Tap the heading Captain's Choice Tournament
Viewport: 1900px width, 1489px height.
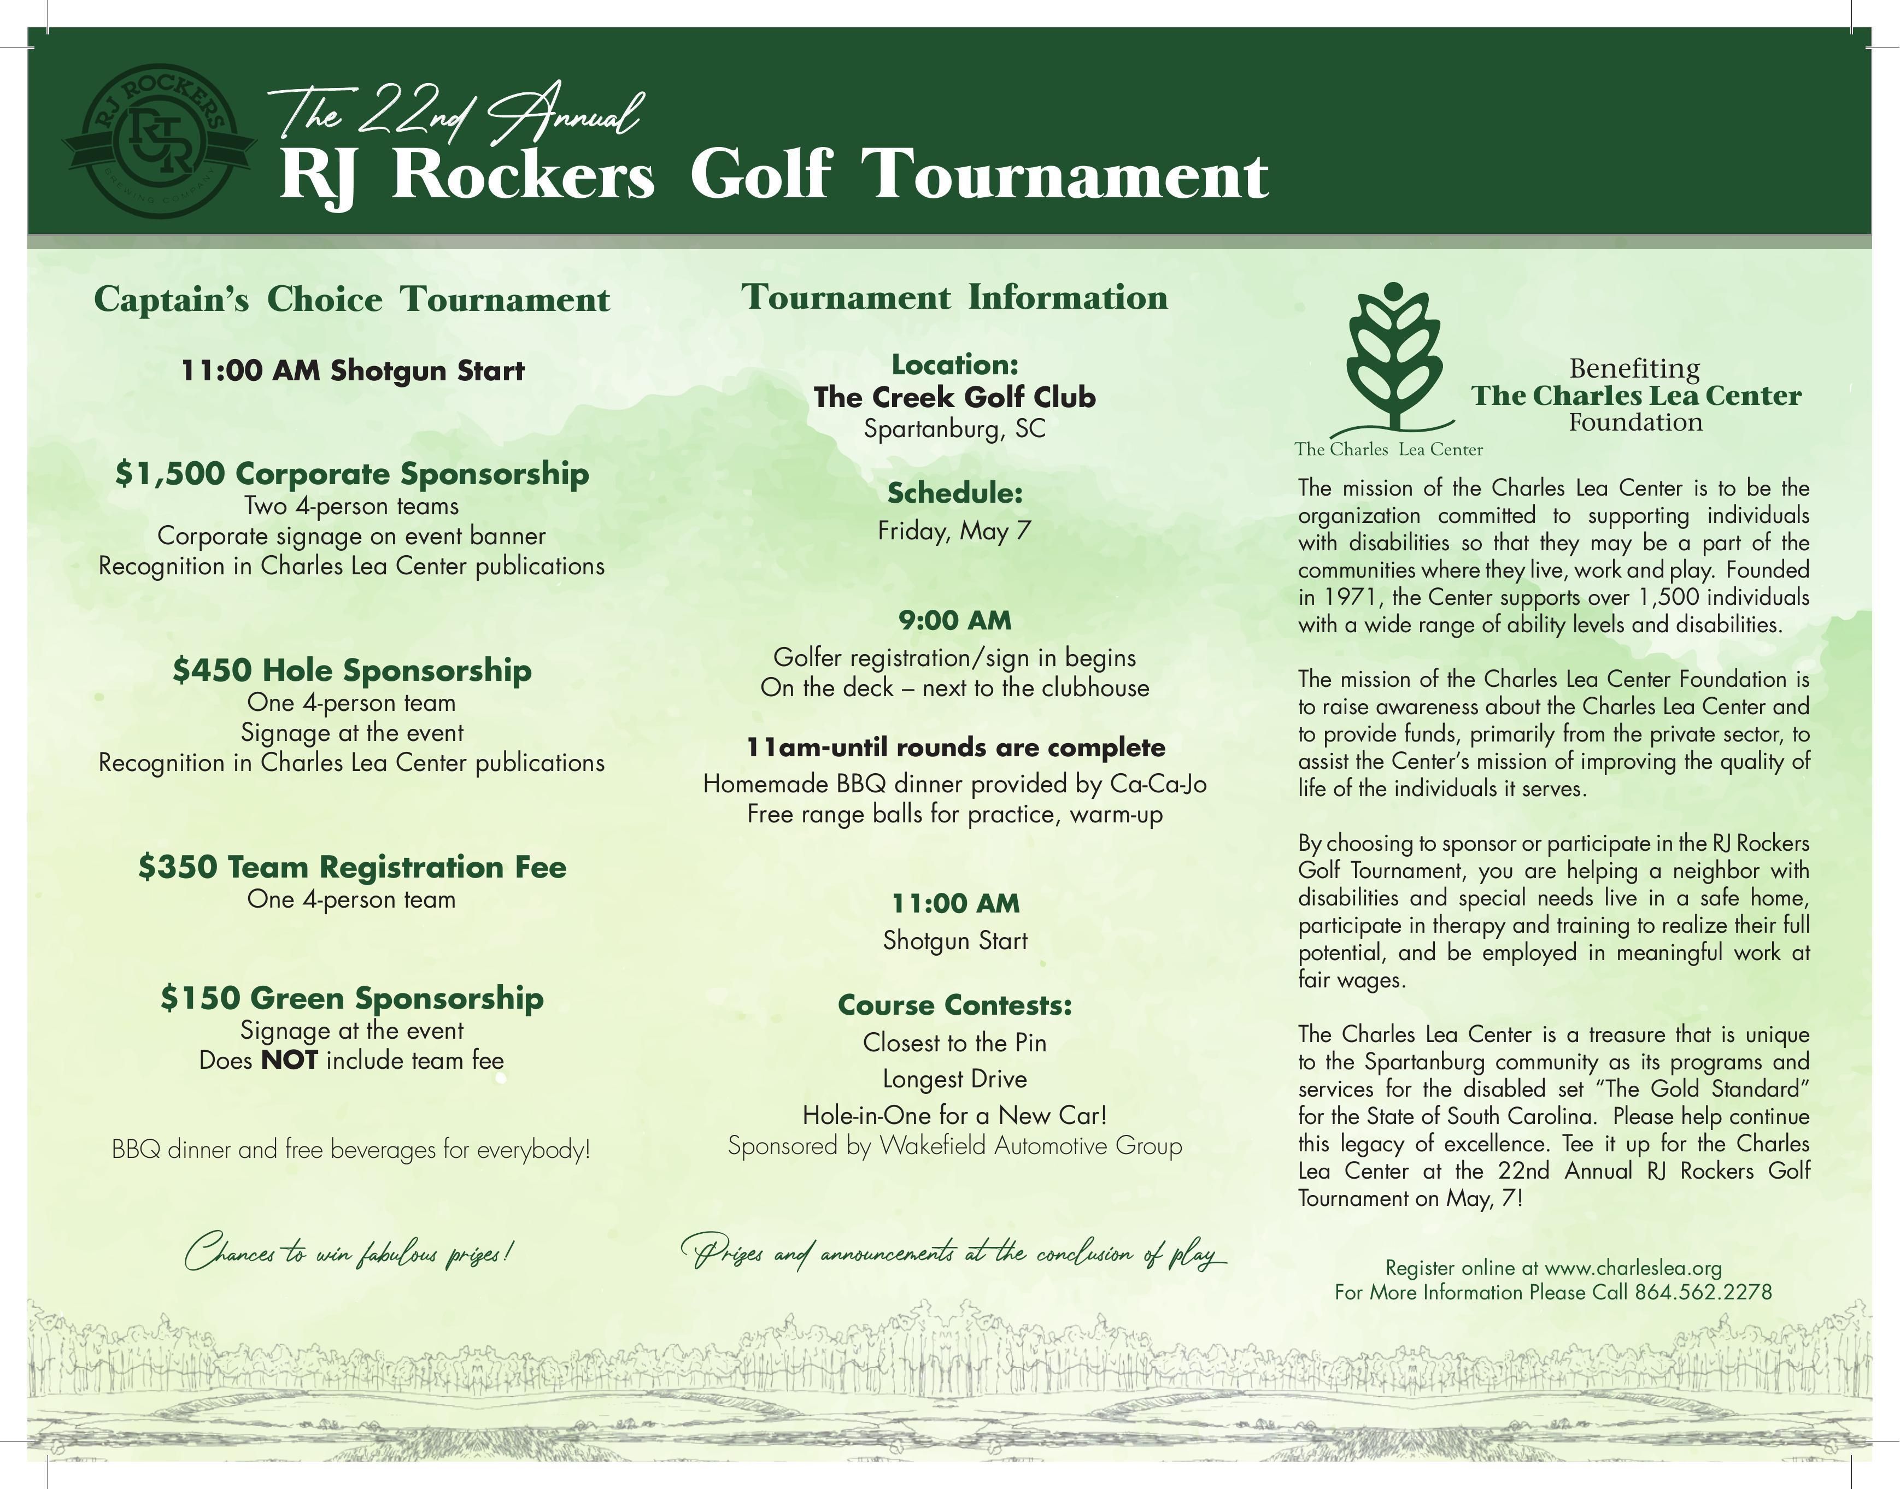[x=351, y=299]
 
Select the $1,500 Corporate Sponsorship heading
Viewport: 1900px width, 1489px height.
[x=351, y=473]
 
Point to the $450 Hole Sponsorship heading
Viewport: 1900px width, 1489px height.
[x=351, y=669]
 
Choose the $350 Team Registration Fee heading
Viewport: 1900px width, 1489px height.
[x=351, y=867]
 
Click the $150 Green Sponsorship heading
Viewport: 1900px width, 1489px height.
[x=351, y=997]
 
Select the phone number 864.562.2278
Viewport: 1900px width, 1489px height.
[x=1703, y=1292]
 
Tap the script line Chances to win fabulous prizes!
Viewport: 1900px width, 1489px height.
[x=349, y=1253]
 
